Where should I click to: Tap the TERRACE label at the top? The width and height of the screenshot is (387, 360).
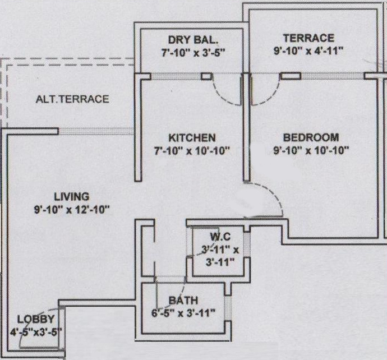pyautogui.click(x=308, y=38)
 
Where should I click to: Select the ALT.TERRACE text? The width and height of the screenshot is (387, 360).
pyautogui.click(x=72, y=99)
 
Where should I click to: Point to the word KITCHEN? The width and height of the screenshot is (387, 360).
pyautogui.click(x=192, y=137)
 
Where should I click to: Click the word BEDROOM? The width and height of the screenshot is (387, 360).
pyautogui.click(x=311, y=137)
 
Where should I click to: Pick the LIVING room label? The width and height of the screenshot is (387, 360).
pyautogui.click(x=71, y=197)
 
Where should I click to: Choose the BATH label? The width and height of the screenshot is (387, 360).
pyautogui.click(x=183, y=301)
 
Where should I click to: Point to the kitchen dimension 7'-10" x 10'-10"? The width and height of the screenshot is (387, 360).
pyautogui.click(x=192, y=150)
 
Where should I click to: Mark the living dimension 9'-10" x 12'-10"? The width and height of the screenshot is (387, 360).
pyautogui.click(x=71, y=210)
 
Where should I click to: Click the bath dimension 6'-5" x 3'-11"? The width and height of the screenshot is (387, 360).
pyautogui.click(x=183, y=313)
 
